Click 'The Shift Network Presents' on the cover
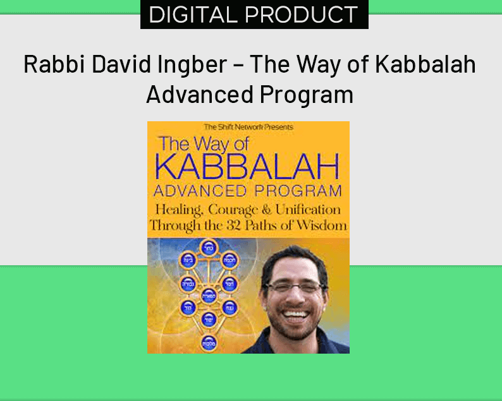(x=248, y=127)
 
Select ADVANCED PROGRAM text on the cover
(x=248, y=190)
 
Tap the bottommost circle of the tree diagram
(x=207, y=343)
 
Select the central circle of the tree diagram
(x=207, y=294)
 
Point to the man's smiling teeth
(x=295, y=313)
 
